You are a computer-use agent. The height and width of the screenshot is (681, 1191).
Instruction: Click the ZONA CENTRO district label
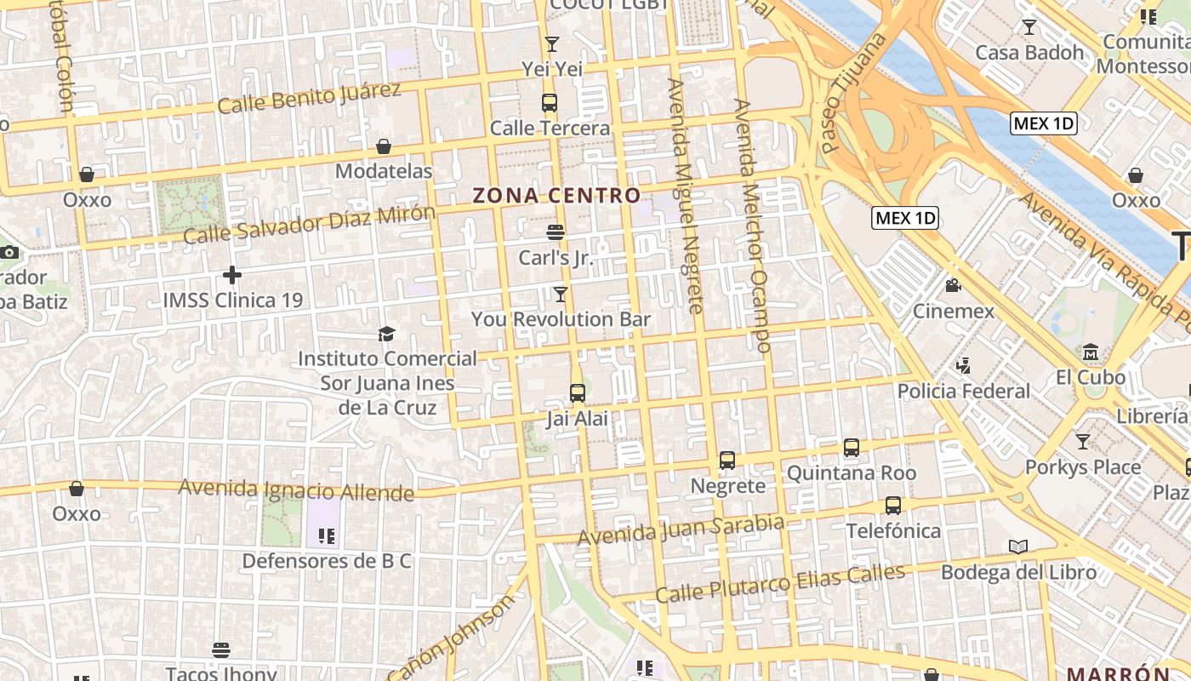[556, 195]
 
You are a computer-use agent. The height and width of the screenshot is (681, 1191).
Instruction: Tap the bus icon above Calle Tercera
[550, 103]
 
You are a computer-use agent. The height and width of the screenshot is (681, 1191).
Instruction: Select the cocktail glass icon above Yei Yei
[552, 43]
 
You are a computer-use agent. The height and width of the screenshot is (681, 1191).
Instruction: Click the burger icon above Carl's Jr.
[556, 232]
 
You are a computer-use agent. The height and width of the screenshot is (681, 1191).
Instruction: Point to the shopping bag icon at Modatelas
[384, 146]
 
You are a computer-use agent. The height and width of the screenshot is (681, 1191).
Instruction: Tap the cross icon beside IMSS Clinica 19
[231, 275]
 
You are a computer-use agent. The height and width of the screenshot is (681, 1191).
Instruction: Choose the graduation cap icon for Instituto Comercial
[387, 334]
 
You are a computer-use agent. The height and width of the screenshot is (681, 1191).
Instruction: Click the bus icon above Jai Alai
[578, 393]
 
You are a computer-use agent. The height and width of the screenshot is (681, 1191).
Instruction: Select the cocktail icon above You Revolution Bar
[560, 295]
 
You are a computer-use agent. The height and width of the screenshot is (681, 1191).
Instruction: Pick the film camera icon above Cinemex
[953, 286]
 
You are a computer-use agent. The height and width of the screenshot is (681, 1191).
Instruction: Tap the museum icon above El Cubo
[1091, 352]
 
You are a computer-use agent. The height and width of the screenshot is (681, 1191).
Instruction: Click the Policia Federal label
[964, 391]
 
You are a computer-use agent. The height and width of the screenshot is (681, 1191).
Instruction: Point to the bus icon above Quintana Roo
[851, 448]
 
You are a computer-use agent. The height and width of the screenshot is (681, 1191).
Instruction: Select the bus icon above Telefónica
[893, 506]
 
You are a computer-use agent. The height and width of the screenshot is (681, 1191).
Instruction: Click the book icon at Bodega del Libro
[1017, 547]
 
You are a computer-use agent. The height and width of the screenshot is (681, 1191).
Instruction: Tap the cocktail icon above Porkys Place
[1082, 442]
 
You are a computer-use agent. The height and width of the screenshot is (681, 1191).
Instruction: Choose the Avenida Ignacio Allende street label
[296, 489]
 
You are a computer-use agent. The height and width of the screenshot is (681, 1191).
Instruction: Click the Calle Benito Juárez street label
[309, 97]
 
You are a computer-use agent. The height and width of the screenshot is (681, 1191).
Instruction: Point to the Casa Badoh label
[1029, 52]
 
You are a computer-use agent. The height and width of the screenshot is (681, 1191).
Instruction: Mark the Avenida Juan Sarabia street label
[681, 530]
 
